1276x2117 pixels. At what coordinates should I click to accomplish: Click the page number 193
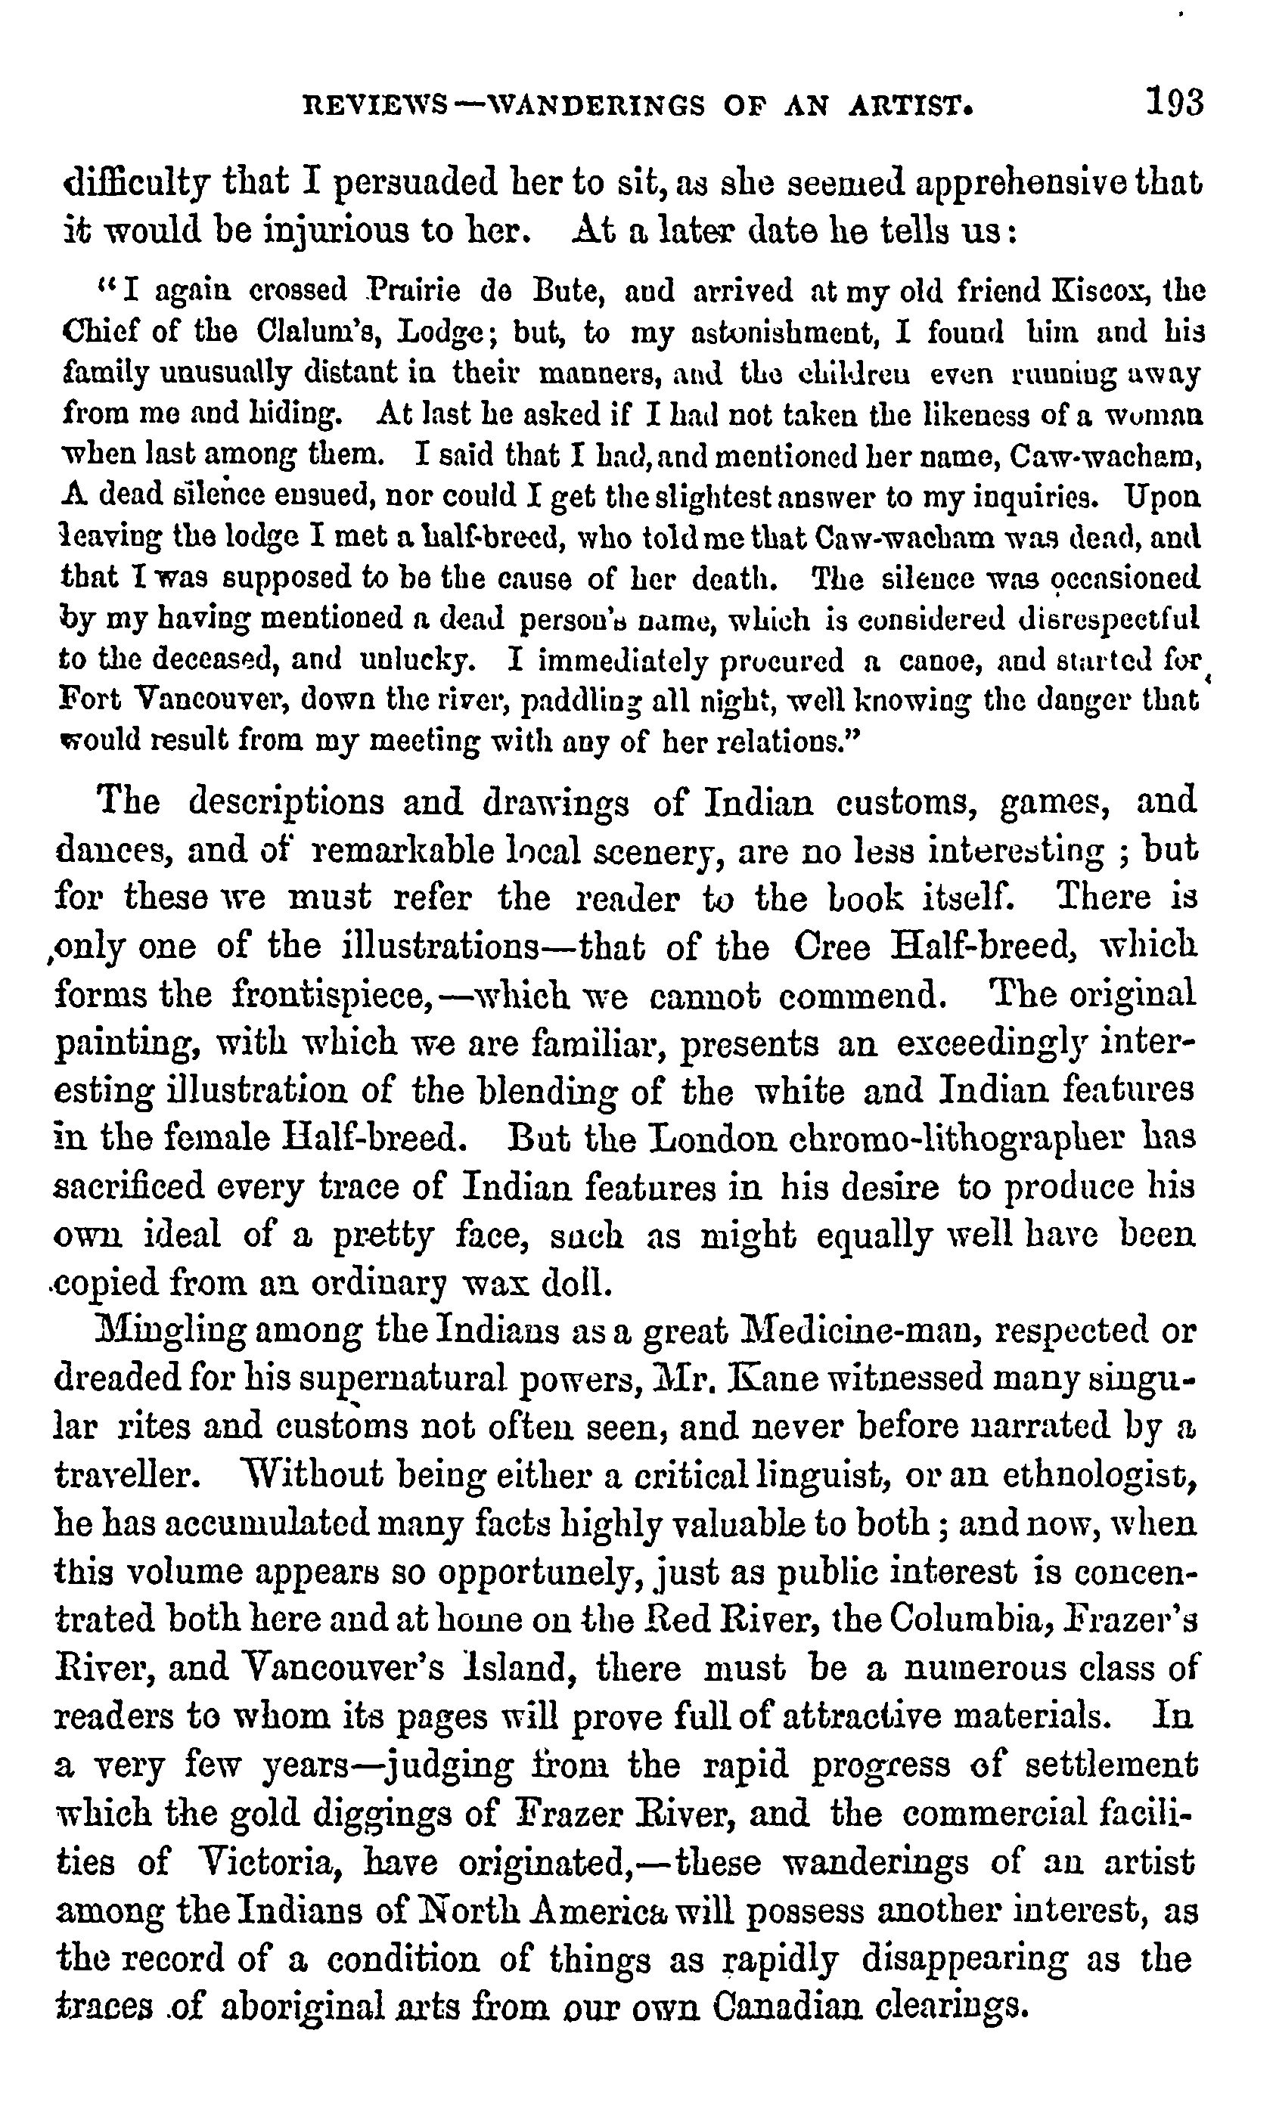1174,102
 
